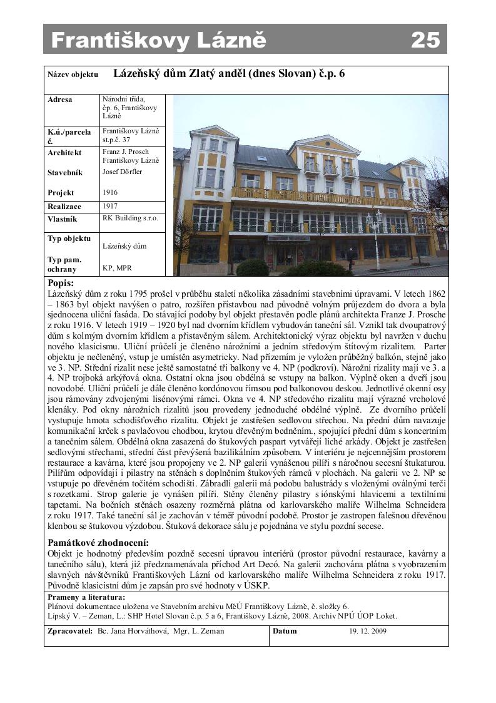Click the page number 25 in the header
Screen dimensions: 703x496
point(425,40)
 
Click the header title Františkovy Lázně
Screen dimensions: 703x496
point(158,40)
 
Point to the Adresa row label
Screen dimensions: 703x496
point(60,100)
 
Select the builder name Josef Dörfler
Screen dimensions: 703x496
point(122,172)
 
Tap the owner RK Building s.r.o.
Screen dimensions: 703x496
point(130,218)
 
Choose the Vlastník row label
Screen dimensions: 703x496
point(63,219)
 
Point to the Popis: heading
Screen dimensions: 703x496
point(61,284)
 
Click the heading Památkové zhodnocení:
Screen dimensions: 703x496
point(98,542)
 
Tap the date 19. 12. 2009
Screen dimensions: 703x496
point(368,631)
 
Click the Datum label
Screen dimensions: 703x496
point(285,631)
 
